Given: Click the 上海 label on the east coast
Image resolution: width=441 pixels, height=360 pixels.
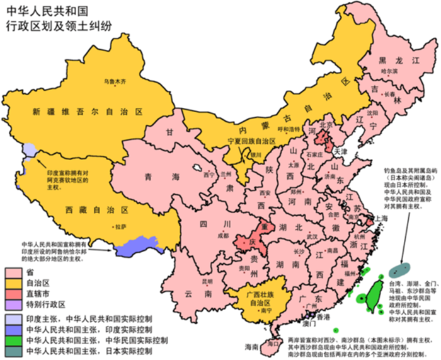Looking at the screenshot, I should click(x=380, y=218).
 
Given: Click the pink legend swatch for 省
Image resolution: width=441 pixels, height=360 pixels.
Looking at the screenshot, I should click(x=13, y=271).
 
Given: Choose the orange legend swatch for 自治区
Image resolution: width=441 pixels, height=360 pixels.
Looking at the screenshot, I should click(x=13, y=283).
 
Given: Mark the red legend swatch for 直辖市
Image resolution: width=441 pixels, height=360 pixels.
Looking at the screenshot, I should click(x=13, y=294).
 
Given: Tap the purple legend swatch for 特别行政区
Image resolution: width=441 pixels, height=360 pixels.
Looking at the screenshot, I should click(x=13, y=306).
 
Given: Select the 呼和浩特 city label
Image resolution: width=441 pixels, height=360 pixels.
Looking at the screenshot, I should click(x=290, y=129).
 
